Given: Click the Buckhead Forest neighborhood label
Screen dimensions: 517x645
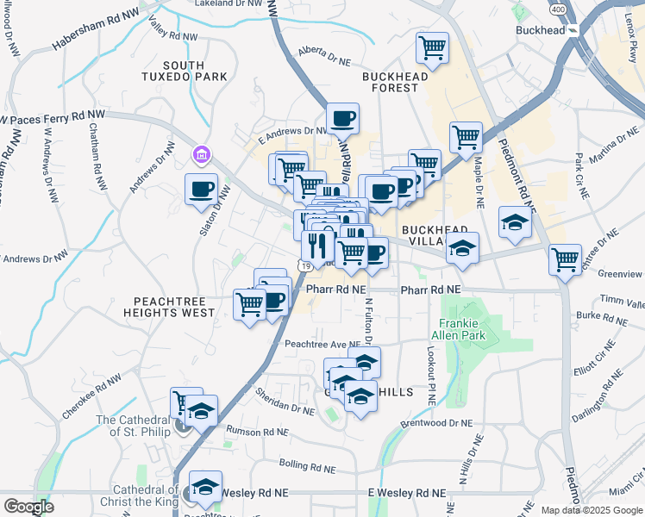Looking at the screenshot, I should pyautogui.click(x=396, y=82).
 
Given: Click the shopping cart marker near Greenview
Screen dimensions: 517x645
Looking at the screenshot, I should pyautogui.click(x=565, y=258).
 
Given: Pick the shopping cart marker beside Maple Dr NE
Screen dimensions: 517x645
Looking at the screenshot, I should pyautogui.click(x=466, y=136).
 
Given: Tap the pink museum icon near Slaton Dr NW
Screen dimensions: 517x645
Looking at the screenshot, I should pyautogui.click(x=201, y=155).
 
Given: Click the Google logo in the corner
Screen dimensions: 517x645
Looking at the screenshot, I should pyautogui.click(x=28, y=507).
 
